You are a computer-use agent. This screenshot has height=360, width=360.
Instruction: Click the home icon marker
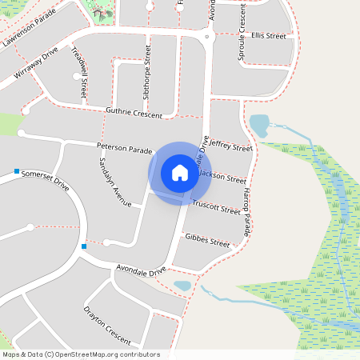179,173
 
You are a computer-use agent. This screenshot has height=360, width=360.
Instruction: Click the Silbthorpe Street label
147,70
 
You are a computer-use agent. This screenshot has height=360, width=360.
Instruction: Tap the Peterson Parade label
124,148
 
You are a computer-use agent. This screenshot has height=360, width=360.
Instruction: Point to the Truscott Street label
218,209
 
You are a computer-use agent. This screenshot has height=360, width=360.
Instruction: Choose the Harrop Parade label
246,211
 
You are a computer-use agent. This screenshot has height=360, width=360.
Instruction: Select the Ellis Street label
268,36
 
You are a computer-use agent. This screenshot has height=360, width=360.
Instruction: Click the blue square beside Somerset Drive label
17,170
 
